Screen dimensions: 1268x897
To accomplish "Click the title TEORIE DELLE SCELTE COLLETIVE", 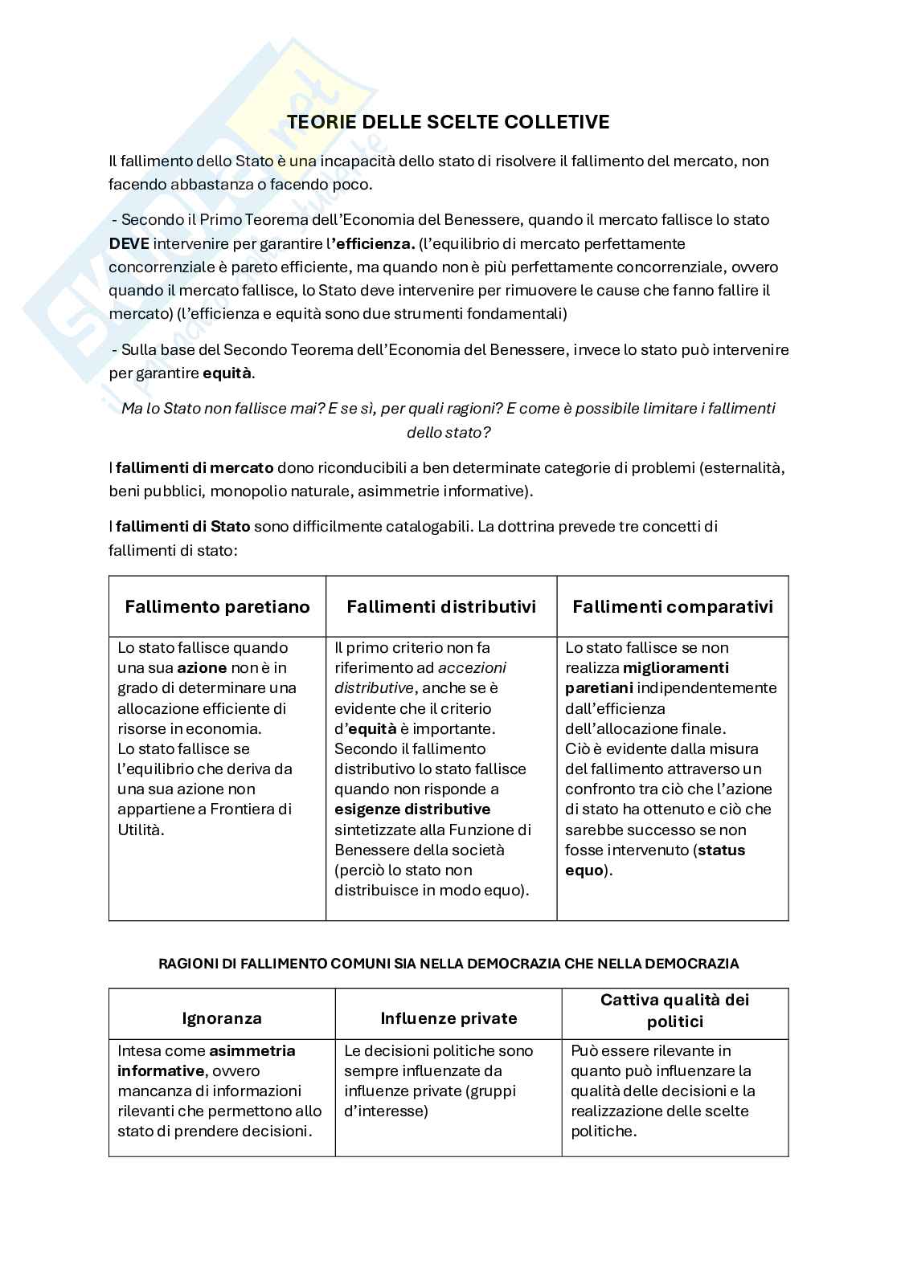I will [448, 122].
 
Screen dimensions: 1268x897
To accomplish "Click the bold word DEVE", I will [129, 243].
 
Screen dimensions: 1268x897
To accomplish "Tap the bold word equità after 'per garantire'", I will [227, 373].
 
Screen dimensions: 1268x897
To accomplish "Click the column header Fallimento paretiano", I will [217, 607].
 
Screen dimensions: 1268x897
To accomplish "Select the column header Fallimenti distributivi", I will [440, 607].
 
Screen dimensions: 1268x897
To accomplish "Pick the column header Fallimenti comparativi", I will [672, 607].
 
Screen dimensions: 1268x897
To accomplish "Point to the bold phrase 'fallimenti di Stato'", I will [183, 527].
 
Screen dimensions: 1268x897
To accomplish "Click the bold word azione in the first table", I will [202, 668].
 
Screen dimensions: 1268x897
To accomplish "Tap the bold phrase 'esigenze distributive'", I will [412, 809].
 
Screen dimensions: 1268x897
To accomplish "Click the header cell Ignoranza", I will [222, 1018].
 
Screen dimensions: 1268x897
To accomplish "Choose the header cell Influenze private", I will [448, 1018].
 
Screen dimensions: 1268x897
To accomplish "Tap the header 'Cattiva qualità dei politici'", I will [674, 1010].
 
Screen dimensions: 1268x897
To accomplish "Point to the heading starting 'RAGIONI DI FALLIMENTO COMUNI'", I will [448, 963].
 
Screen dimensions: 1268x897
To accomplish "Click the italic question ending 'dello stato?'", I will [448, 420].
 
